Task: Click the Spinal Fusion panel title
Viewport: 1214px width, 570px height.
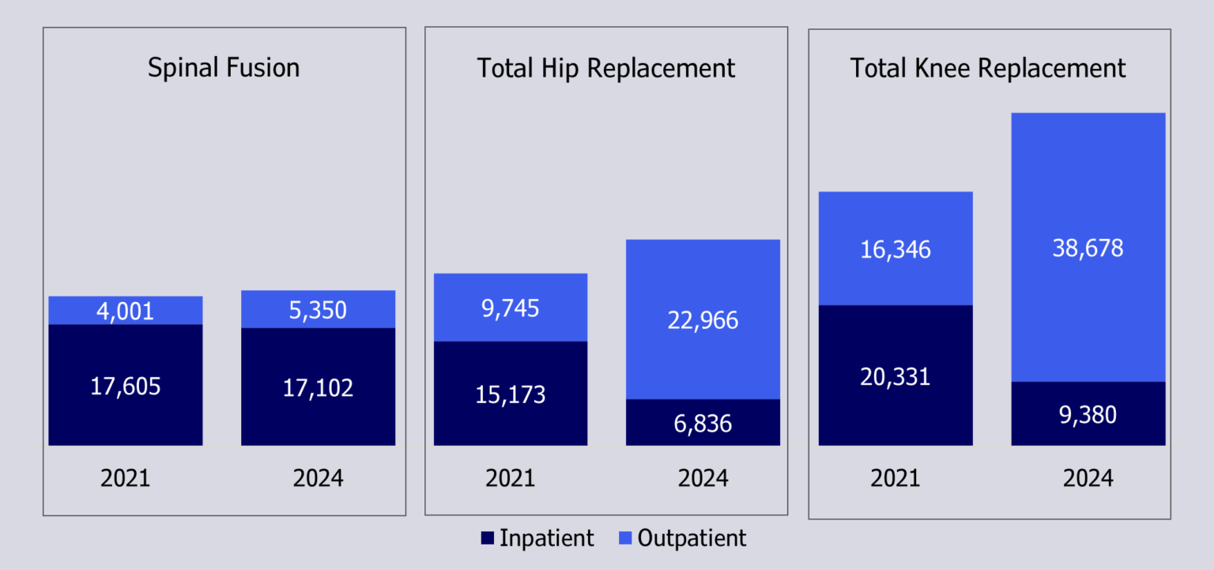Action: [x=224, y=68]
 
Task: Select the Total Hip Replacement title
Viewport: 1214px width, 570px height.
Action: [x=605, y=68]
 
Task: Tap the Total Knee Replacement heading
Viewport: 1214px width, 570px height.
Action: [x=988, y=68]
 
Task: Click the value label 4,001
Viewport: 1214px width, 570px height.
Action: [x=125, y=311]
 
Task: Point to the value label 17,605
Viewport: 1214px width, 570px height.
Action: [x=125, y=387]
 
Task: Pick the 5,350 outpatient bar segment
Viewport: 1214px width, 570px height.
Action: [x=318, y=309]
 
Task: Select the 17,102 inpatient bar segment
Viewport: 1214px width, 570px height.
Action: [x=318, y=387]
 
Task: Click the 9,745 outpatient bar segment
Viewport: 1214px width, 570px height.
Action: [x=511, y=308]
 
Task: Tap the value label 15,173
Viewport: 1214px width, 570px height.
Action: [x=511, y=394]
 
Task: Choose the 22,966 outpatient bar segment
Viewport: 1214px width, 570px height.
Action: [x=703, y=319]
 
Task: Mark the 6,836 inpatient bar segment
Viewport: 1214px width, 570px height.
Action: [x=703, y=423]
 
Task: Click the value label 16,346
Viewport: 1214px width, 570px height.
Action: [x=895, y=250]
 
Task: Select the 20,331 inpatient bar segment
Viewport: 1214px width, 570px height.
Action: [x=895, y=376]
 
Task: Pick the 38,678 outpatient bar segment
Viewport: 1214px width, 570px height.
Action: [x=1088, y=248]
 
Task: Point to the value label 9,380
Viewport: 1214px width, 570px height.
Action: [x=1088, y=415]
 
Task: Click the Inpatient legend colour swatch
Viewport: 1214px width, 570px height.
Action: [x=487, y=539]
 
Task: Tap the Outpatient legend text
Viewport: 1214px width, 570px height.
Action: [x=692, y=538]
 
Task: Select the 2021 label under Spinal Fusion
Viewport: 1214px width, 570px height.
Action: [x=125, y=478]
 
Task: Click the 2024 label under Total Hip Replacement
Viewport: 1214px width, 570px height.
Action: [x=703, y=478]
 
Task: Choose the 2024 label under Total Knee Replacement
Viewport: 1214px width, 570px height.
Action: [x=1088, y=478]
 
